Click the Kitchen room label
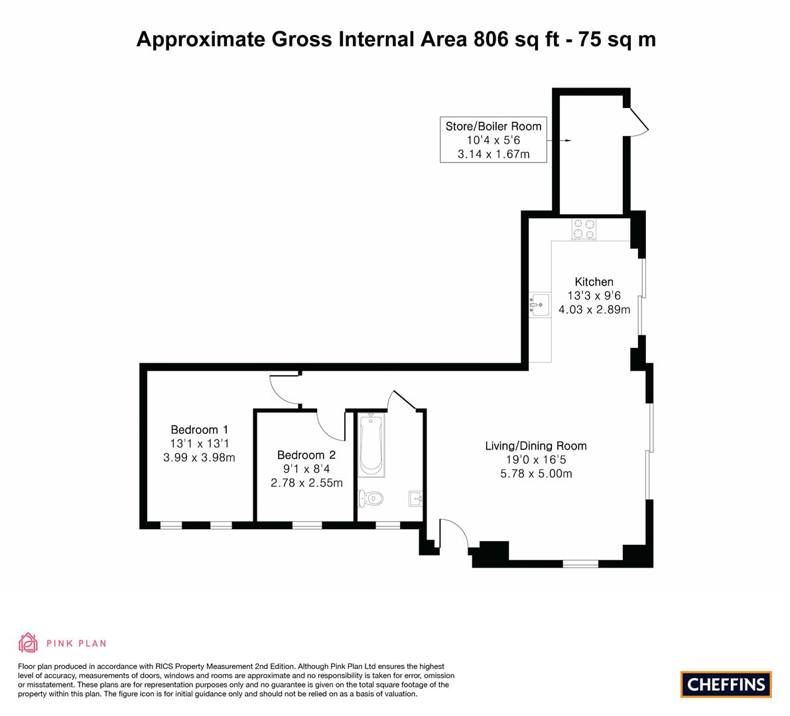coord(594,282)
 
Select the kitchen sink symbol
coord(540,305)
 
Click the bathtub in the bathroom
coord(370,444)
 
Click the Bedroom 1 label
coord(199,430)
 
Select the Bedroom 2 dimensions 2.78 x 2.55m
coord(306,483)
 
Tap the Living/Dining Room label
coord(535,446)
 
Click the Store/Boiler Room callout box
coord(494,140)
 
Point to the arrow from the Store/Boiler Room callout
coord(560,141)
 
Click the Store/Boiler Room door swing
coord(638,123)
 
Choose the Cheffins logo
coord(726,684)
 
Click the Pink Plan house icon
coord(29,642)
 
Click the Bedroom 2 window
coord(306,525)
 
